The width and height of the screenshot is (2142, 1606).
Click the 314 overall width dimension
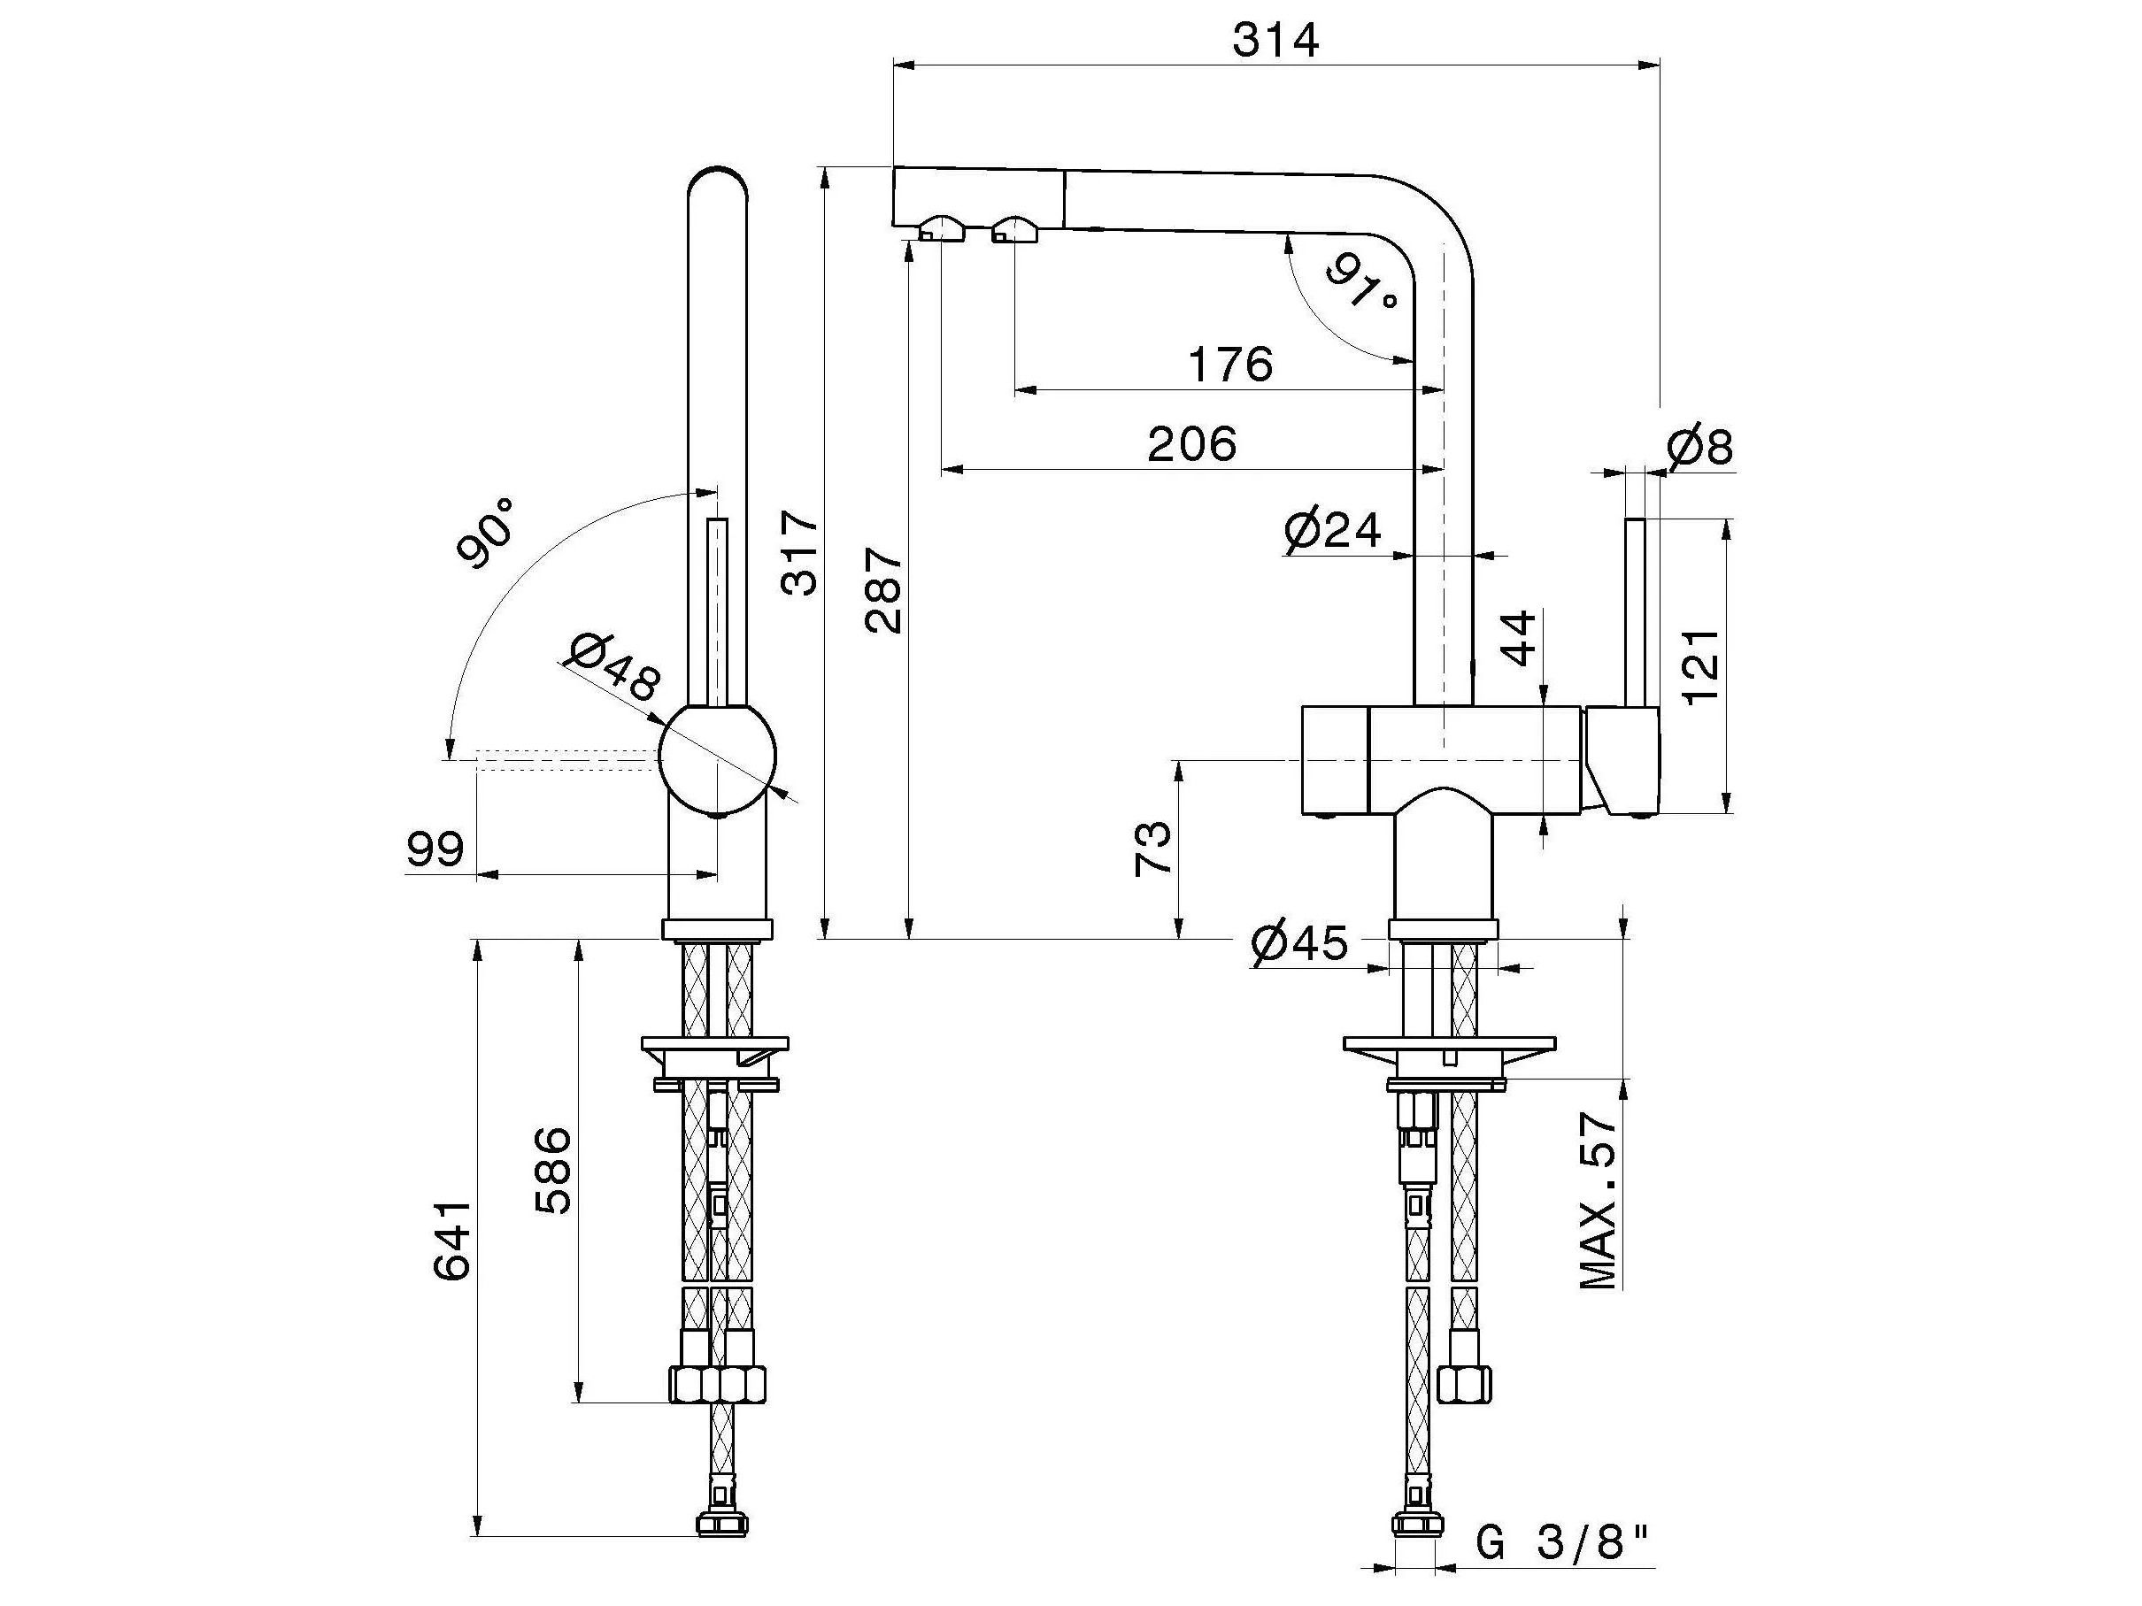tap(1275, 41)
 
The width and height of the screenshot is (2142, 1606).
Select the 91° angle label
tap(1361, 280)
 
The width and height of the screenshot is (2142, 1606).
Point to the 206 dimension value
tap(1192, 444)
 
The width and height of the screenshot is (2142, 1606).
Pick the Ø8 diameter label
tap(1700, 447)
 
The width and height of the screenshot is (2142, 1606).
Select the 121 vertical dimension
tap(1702, 668)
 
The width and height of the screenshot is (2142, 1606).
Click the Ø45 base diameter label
tap(1298, 943)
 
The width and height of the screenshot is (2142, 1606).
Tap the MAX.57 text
tap(1599, 1202)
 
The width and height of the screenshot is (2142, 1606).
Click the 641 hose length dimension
tap(452, 1242)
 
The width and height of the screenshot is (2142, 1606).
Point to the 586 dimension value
tap(554, 1171)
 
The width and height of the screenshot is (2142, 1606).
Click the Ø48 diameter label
tap(614, 668)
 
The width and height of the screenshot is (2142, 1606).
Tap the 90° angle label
tap(487, 534)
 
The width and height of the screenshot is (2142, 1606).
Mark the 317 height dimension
tap(801, 553)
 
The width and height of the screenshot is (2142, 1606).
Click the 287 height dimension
tap(883, 590)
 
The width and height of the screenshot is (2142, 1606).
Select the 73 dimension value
tap(1152, 849)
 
